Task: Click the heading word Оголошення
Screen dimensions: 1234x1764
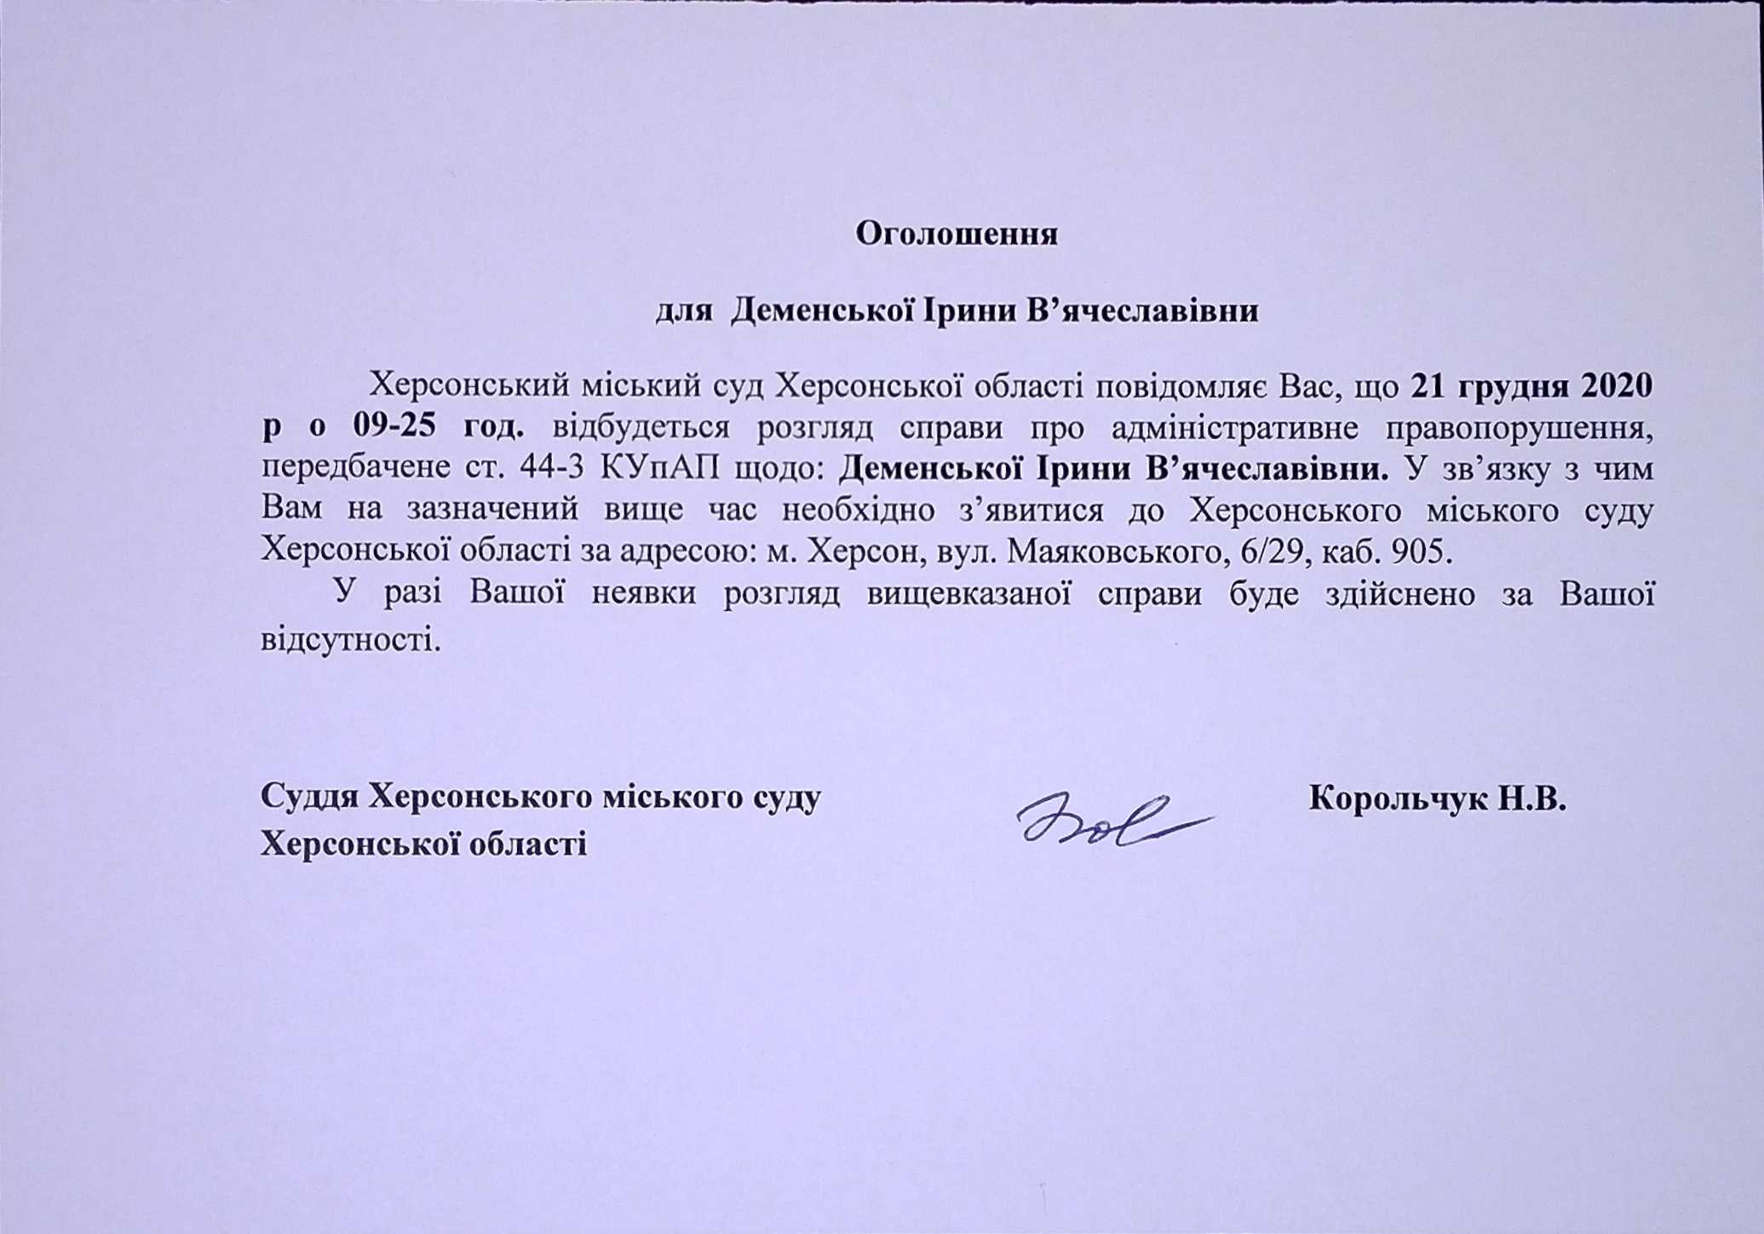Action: pos(957,234)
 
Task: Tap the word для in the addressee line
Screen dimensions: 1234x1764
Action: pos(683,311)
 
